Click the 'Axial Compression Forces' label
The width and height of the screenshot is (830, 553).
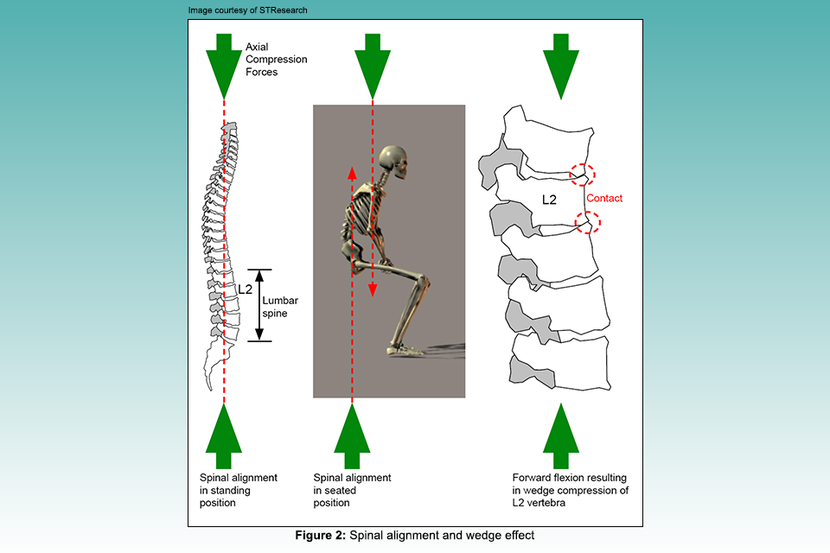click(x=276, y=60)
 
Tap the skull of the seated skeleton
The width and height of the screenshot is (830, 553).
click(x=394, y=159)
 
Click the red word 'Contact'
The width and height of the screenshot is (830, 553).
click(x=604, y=198)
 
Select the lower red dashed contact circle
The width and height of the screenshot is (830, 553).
click(x=588, y=223)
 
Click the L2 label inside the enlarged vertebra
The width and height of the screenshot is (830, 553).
click(x=549, y=200)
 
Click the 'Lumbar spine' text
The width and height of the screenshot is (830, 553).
click(x=275, y=307)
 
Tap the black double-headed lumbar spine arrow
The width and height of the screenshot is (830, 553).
click(x=259, y=305)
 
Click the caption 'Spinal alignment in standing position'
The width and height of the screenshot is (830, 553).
click(x=239, y=490)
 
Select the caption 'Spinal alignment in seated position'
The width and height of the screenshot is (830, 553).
click(x=352, y=490)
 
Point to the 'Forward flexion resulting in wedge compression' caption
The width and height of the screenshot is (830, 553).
click(x=571, y=490)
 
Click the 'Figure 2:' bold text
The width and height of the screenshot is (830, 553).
click(x=322, y=536)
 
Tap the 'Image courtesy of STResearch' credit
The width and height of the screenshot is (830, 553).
click(x=247, y=10)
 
